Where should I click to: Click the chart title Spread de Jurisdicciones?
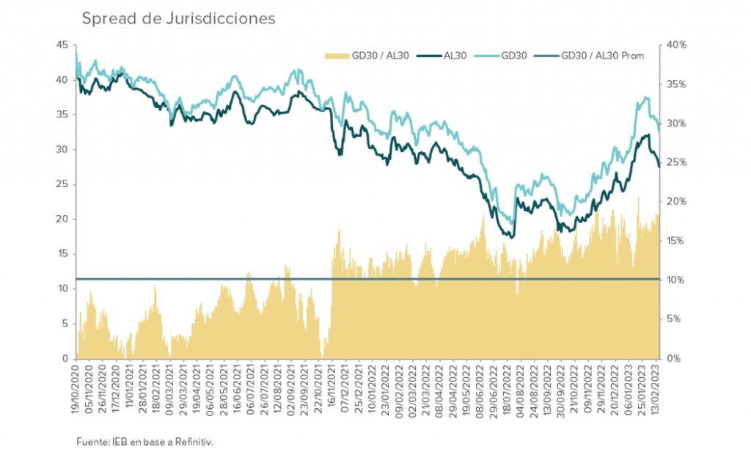[178, 18]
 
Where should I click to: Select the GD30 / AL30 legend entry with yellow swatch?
[370, 55]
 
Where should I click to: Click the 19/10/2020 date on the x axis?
[76, 389]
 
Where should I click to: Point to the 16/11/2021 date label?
[332, 389]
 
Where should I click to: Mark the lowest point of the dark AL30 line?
[511, 237]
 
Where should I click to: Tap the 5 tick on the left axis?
[64, 324]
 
